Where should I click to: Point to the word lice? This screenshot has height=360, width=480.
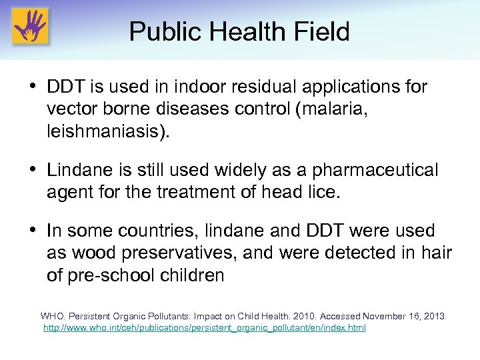pyautogui.click(x=324, y=193)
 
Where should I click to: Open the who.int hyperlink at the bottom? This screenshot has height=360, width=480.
pyautogui.click(x=204, y=328)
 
